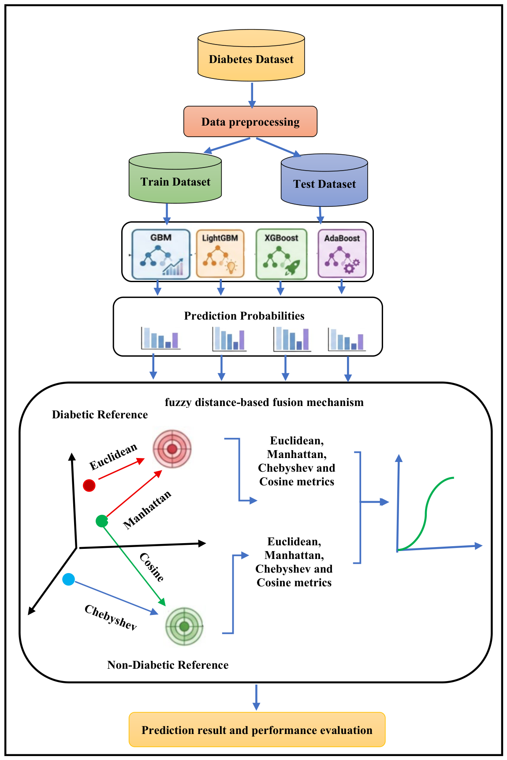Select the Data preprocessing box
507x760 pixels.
(250, 122)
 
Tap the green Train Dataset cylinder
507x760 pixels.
(175, 181)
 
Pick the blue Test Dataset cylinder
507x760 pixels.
(324, 183)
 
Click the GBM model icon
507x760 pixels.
(161, 255)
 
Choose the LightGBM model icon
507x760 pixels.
(220, 255)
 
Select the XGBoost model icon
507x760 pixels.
(281, 255)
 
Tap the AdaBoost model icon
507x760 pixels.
(342, 255)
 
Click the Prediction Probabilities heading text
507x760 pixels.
(244, 316)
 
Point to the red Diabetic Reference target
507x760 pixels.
(172, 449)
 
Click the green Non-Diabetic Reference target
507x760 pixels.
(184, 626)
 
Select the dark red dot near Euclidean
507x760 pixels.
(89, 485)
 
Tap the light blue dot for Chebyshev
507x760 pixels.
(68, 579)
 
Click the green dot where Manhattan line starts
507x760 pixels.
(102, 521)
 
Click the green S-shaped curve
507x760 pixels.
(426, 511)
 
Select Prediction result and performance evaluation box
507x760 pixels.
(257, 730)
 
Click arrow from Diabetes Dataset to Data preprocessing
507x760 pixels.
(252, 94)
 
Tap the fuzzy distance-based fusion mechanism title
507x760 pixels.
(264, 402)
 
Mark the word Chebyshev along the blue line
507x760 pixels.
(111, 617)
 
